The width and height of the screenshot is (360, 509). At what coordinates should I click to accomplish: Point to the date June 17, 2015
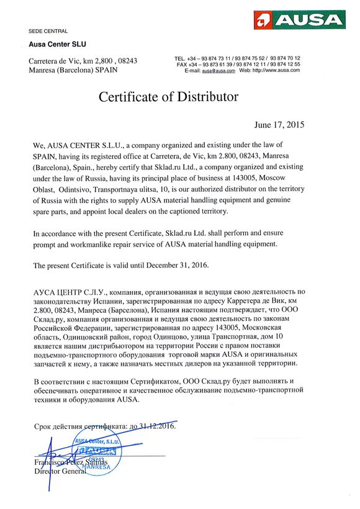(279, 124)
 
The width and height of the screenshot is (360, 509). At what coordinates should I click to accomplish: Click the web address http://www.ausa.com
(278, 70)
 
